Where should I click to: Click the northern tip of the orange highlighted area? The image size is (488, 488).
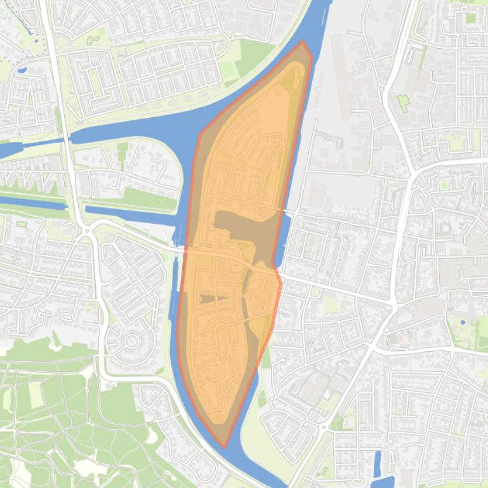[303, 42]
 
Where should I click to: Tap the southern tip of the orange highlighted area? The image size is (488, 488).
[225, 446]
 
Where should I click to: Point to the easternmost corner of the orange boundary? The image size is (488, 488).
[280, 283]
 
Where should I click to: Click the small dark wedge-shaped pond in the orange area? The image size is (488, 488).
[209, 299]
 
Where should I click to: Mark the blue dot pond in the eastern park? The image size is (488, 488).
[463, 323]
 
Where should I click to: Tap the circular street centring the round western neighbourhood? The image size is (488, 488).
[131, 341]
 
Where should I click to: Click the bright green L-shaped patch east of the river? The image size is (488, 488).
[402, 102]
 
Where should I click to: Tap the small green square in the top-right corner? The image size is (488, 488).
[470, 18]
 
